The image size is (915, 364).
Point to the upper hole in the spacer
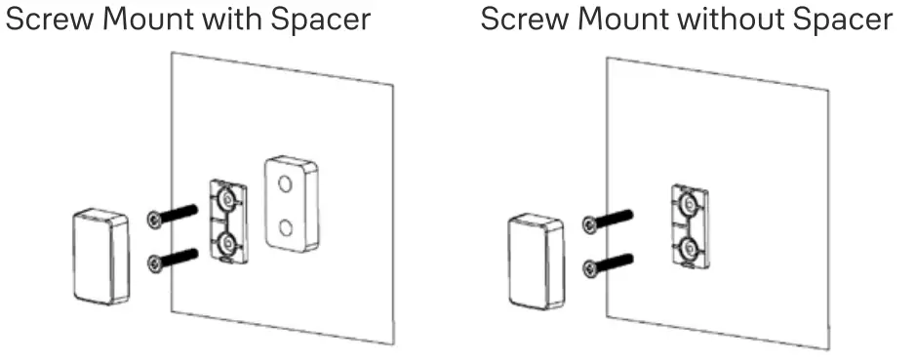[285, 182]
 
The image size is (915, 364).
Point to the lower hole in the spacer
[287, 226]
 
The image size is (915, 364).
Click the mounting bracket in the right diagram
[689, 226]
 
